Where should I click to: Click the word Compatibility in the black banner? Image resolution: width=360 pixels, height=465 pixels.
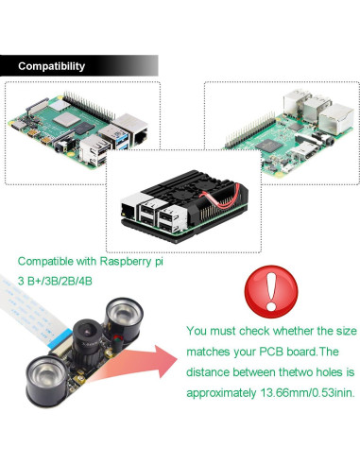coord(51,66)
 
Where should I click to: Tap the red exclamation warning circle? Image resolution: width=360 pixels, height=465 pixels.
coord(271,291)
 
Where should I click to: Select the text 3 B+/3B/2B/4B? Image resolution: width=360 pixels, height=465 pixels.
coord(55,281)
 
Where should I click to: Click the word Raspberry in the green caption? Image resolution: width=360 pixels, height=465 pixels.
coord(126,262)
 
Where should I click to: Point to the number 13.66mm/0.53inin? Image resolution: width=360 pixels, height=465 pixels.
coord(307,393)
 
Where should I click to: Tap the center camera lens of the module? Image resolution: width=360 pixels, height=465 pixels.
coord(85,332)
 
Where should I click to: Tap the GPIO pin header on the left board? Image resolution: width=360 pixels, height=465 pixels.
coord(89,106)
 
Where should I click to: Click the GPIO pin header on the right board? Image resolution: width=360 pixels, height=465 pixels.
coord(250,129)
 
